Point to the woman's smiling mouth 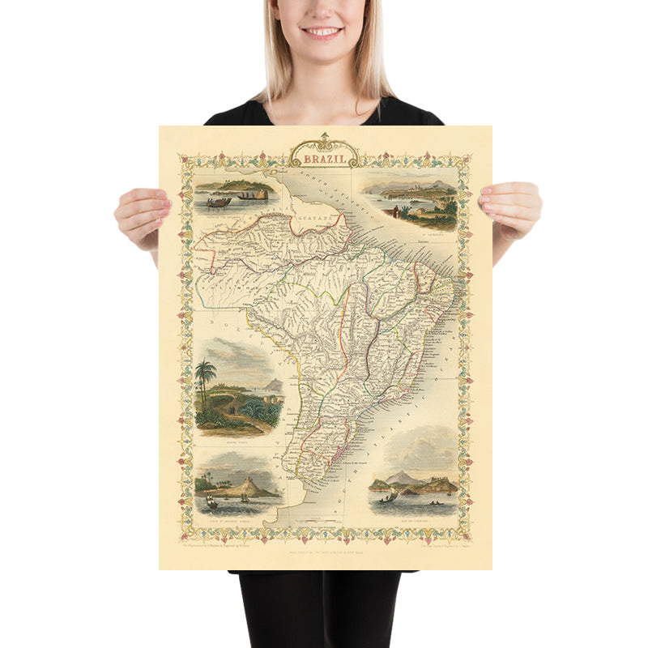323,32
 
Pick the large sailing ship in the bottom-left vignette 211,502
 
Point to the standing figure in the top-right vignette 394,211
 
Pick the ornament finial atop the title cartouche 324,136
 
